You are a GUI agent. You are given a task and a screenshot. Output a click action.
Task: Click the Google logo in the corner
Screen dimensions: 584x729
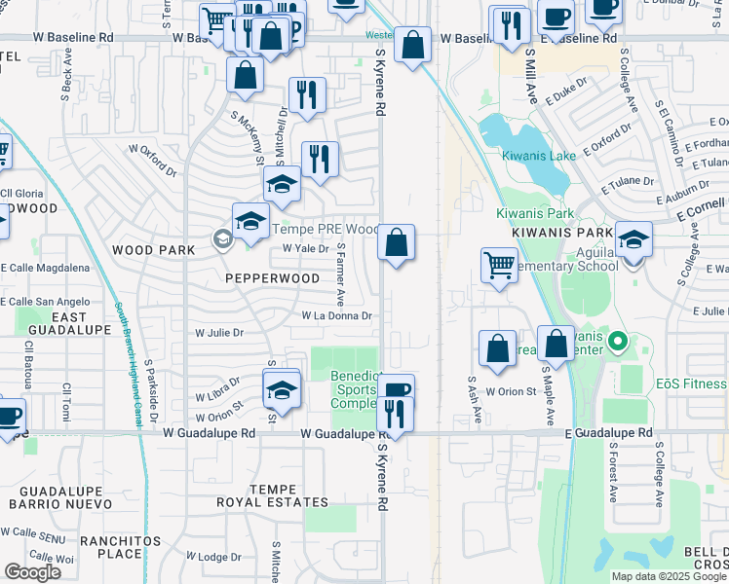[32, 572]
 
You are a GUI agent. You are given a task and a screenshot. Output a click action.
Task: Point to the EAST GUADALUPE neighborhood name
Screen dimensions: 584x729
[56, 325]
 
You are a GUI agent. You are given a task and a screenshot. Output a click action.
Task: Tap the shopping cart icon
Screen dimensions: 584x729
[499, 264]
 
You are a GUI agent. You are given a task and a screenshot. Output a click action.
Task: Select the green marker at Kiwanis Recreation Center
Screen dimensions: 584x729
[616, 342]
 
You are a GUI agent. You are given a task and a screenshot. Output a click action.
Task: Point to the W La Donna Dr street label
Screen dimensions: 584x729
[337, 315]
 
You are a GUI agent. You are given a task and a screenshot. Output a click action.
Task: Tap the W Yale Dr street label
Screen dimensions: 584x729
[302, 248]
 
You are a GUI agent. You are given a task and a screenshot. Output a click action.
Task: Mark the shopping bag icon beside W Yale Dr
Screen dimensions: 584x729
[397, 243]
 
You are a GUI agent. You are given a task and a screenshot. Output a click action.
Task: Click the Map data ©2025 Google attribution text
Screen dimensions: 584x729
[669, 576]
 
